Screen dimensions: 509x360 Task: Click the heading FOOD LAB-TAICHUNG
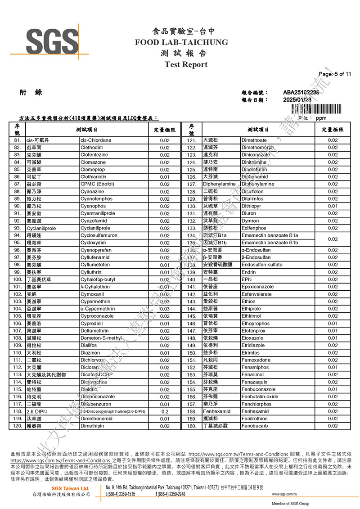coord(181,42)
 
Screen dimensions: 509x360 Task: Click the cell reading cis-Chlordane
coord(96,140)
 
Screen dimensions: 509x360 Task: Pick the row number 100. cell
coord(18,279)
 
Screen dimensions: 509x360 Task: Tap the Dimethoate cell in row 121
coord(254,140)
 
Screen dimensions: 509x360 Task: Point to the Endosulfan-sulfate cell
coord(262,265)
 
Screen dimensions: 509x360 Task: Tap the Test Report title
coord(186,64)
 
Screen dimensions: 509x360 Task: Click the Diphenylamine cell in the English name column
coord(258,184)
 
